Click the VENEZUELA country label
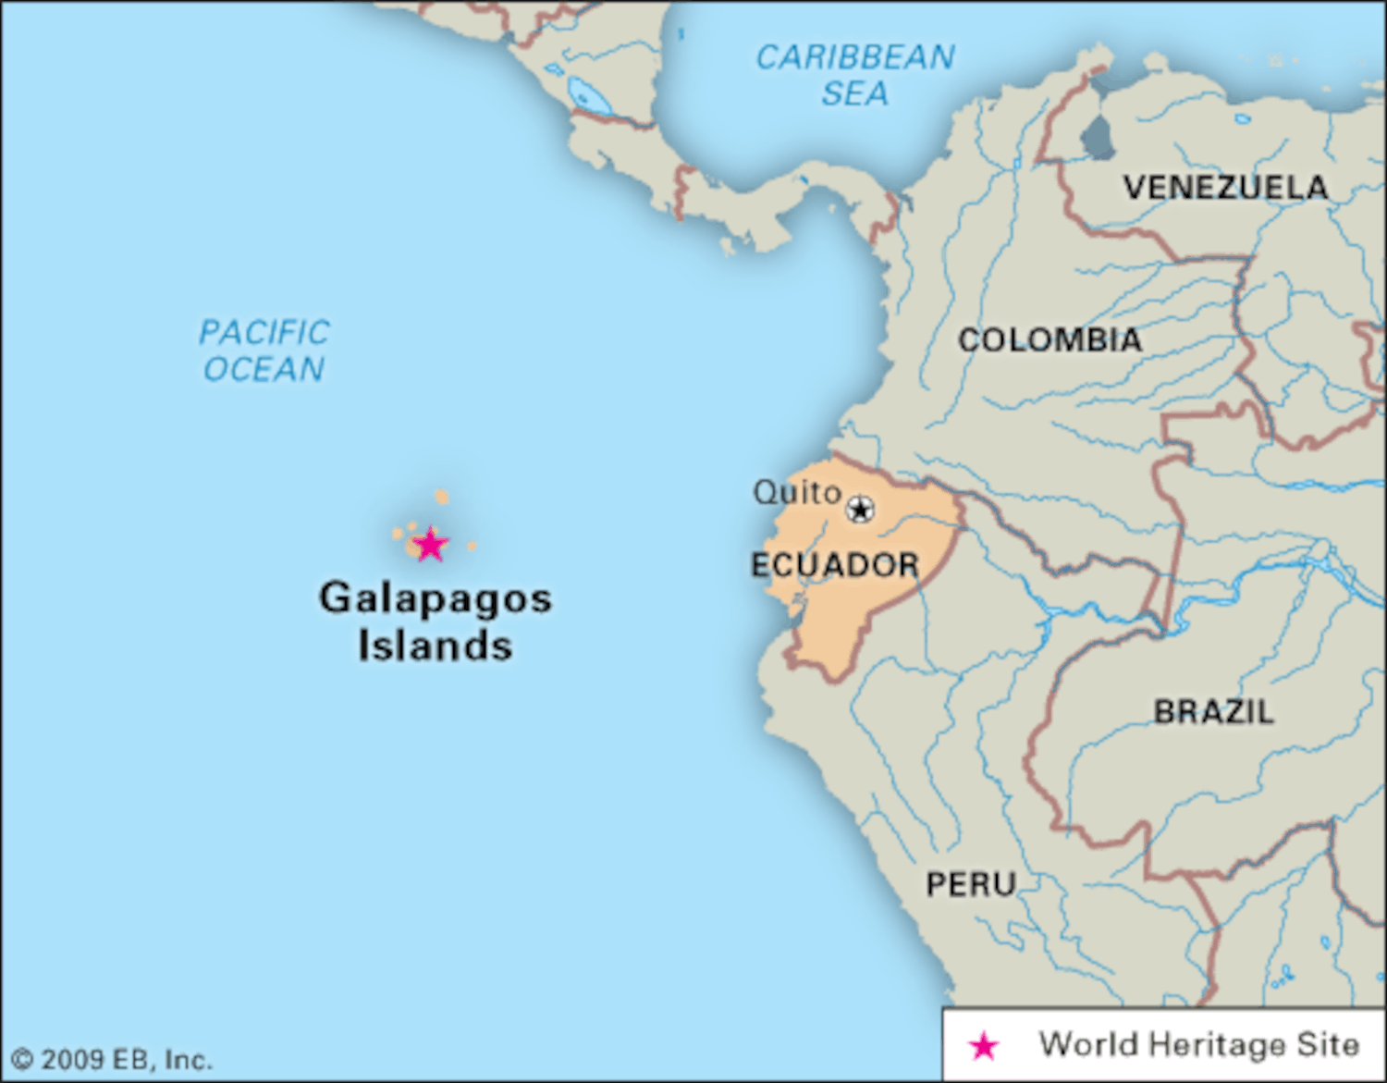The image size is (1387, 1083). pyautogui.click(x=1225, y=188)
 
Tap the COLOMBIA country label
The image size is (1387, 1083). pyautogui.click(x=1049, y=340)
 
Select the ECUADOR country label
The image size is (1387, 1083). pyautogui.click(x=834, y=565)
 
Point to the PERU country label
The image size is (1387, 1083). pyautogui.click(x=971, y=885)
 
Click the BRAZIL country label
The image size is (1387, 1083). pyautogui.click(x=1213, y=711)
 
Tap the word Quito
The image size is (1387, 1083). pyautogui.click(x=796, y=492)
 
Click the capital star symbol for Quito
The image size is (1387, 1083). pyautogui.click(x=860, y=509)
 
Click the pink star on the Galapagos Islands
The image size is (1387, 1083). pyautogui.click(x=430, y=545)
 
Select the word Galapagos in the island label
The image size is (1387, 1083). pyautogui.click(x=436, y=598)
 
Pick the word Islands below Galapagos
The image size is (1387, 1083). pyautogui.click(x=435, y=646)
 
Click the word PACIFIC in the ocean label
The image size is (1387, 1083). pyautogui.click(x=264, y=332)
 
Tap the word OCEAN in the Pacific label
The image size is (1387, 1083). pyautogui.click(x=264, y=370)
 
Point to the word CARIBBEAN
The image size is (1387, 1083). pyautogui.click(x=855, y=57)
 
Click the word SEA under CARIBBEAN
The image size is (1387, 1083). pyautogui.click(x=854, y=93)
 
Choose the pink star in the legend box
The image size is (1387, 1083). pyautogui.click(x=984, y=1046)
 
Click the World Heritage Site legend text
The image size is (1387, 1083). pyautogui.click(x=1199, y=1045)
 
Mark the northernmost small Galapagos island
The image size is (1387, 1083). pyautogui.click(x=442, y=497)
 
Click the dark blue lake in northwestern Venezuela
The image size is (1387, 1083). pyautogui.click(x=1097, y=139)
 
